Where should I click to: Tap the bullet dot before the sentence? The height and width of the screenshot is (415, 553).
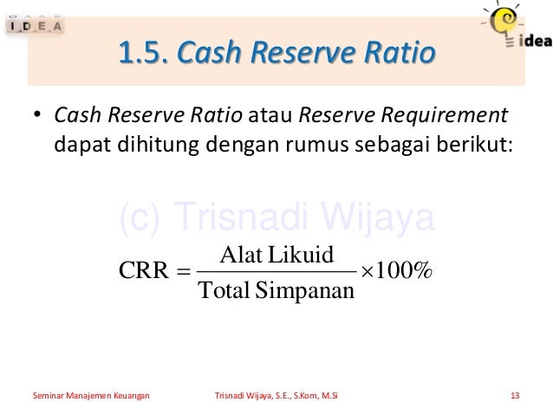point(37,116)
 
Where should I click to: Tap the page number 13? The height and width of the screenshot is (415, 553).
point(516,397)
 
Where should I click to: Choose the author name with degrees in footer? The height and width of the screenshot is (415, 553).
point(276,397)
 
